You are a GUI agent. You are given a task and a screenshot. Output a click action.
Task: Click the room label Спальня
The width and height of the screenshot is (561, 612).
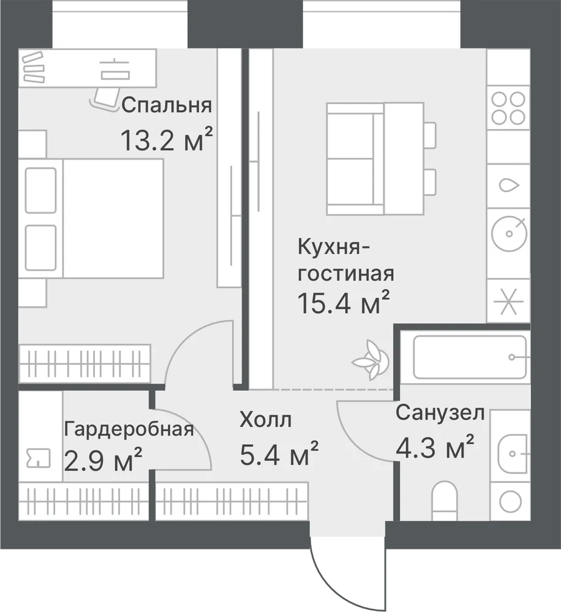[167, 105]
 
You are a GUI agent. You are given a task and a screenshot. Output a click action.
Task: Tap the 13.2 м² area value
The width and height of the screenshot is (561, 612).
[167, 139]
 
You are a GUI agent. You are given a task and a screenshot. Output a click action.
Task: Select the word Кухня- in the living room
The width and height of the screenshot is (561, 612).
[334, 247]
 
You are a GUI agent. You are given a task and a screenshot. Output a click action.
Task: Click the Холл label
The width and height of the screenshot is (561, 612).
[266, 420]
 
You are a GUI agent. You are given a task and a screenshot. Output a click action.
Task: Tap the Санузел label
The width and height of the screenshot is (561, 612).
[440, 412]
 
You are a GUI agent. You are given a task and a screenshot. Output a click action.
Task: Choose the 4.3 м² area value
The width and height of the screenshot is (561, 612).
[435, 446]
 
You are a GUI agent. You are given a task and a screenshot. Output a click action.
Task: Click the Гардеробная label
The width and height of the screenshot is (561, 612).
[129, 430]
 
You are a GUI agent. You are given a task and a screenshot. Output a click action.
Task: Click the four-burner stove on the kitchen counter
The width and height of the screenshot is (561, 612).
[508, 108]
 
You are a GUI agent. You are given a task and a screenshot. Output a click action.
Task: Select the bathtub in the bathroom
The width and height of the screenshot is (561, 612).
[470, 357]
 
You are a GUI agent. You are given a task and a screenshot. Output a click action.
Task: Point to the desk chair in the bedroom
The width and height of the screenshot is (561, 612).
[105, 98]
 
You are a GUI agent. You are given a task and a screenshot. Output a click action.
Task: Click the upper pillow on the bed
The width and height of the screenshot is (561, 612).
[40, 190]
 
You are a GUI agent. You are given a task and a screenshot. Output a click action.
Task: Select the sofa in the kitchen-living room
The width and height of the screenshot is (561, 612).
[355, 159]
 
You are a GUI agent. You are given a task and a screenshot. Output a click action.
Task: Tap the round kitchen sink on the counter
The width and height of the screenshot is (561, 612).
[509, 233]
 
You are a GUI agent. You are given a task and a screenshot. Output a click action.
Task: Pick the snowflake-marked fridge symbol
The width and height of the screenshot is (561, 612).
[508, 301]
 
